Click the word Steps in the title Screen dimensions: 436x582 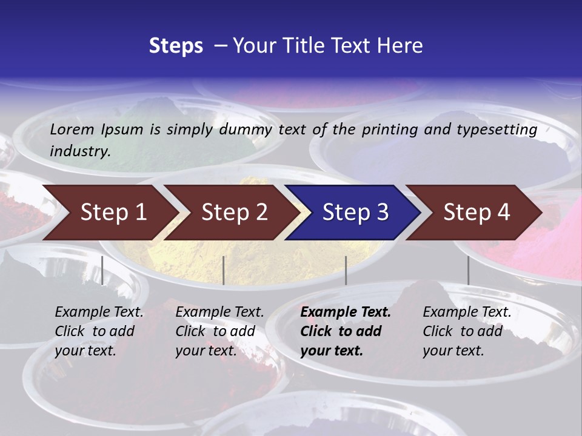click(176, 46)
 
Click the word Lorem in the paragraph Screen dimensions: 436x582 click(72, 129)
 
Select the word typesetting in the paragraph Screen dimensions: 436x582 click(498, 129)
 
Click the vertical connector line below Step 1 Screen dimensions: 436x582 click(102, 270)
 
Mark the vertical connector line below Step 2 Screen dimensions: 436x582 click(224, 270)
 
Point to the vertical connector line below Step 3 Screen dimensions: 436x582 click(346, 270)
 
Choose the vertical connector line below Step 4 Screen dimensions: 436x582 click(468, 270)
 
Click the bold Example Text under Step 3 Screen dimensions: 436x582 click(346, 312)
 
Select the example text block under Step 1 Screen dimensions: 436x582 click(99, 331)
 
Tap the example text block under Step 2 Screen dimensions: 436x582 click(219, 331)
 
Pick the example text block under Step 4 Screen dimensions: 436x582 click(467, 331)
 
